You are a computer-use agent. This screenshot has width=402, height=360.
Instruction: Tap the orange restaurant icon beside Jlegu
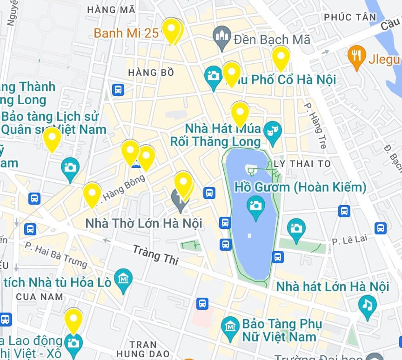[356, 57]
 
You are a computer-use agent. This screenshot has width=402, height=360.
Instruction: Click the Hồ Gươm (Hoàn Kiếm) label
[300, 187]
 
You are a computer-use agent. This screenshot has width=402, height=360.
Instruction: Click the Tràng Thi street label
[155, 255]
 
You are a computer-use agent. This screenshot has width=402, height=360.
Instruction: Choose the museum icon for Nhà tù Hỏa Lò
[123, 280]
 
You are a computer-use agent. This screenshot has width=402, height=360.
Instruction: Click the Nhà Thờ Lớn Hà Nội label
[143, 223]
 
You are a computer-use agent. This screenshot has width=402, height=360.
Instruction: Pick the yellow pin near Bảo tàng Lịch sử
[52, 138]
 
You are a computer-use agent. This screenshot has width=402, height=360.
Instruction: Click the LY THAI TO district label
[302, 164]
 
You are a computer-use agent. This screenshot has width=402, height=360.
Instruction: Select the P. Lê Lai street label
[349, 240]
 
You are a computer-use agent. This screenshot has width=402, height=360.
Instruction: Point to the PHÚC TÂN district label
[350, 17]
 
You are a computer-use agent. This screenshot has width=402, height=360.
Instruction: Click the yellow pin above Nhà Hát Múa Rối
[240, 113]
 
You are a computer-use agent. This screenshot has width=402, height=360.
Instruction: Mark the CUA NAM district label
[39, 296]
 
